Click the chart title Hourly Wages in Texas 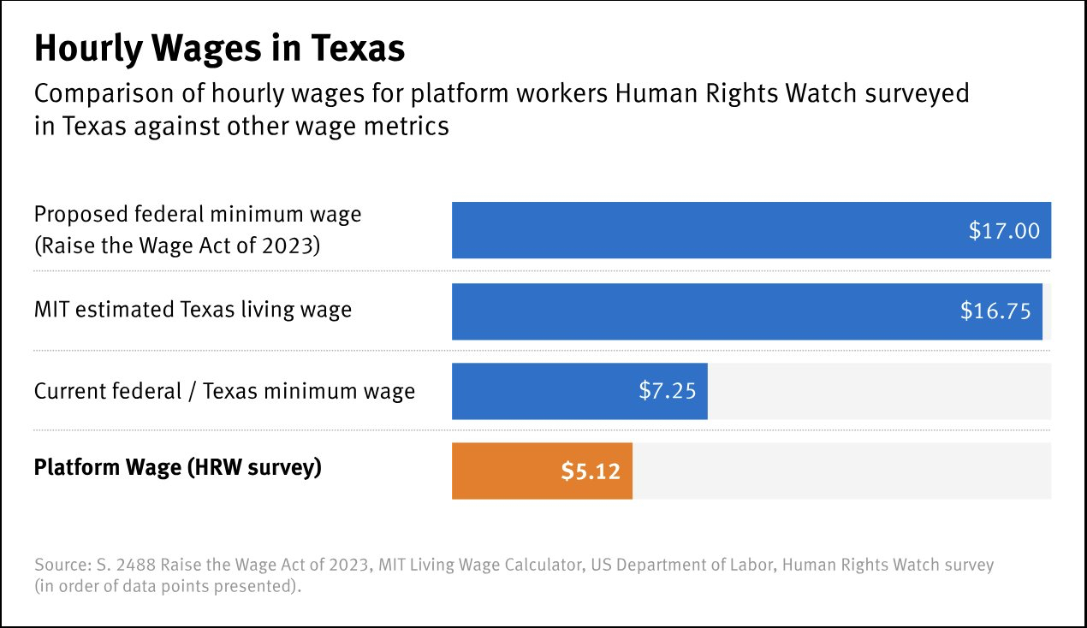(x=219, y=50)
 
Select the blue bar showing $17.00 (x=685, y=230)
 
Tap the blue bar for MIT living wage (x=685, y=311)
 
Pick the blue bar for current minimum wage (x=548, y=391)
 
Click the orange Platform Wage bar (x=505, y=471)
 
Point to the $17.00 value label (x=1004, y=230)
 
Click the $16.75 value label (x=995, y=311)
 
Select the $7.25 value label (x=667, y=391)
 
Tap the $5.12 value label (x=590, y=471)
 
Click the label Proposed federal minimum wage (x=198, y=214)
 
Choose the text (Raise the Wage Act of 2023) (x=177, y=246)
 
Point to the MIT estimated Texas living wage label (x=193, y=309)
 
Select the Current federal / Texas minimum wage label (x=224, y=391)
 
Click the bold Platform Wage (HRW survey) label (x=177, y=468)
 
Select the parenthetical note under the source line (x=168, y=588)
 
